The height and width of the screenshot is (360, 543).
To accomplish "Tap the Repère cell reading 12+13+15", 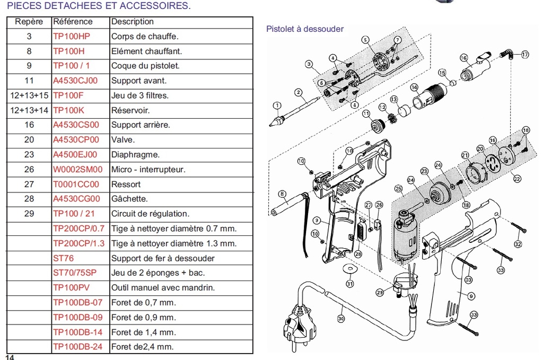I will tap(29, 95).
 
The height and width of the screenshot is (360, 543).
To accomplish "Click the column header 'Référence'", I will tap(73, 22).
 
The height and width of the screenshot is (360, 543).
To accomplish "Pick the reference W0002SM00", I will tap(78, 170).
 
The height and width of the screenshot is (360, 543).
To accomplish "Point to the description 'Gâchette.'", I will tap(129, 199).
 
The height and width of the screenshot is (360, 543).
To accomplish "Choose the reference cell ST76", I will tap(64, 258).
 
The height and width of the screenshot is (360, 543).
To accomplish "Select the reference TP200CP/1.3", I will tap(79, 243).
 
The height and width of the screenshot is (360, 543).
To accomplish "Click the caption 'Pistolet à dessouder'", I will tap(304, 29).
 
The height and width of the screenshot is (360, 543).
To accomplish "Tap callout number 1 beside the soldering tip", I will tap(276, 104).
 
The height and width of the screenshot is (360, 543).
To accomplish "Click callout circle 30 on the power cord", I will tap(340, 319).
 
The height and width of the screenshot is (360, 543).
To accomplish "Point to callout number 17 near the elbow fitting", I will tap(525, 55).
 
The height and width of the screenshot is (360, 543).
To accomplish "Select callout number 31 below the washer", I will tap(349, 284).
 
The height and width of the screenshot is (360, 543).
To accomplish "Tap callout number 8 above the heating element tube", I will tap(282, 194).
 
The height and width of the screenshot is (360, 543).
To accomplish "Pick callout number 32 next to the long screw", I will tap(518, 244).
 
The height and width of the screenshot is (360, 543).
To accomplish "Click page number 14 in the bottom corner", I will tap(10, 357).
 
